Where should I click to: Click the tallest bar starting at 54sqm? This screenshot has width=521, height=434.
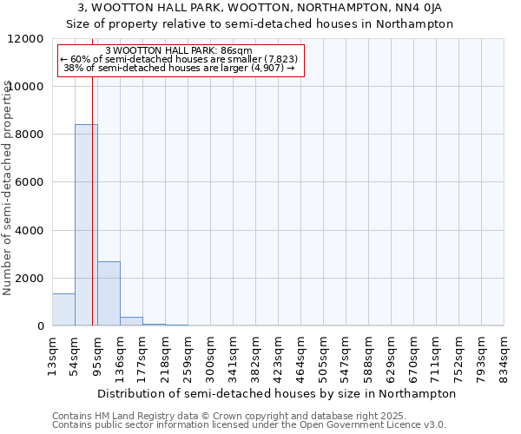[86, 225]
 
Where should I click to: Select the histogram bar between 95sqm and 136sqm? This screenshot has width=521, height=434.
[109, 293]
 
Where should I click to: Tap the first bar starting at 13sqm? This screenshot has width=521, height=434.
[63, 310]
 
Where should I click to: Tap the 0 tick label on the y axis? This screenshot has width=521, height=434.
[41, 326]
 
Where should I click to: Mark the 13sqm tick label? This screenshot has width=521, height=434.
[53, 355]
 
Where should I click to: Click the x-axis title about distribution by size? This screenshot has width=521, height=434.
[277, 393]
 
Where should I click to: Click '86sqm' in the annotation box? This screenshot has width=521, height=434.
[235, 51]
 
